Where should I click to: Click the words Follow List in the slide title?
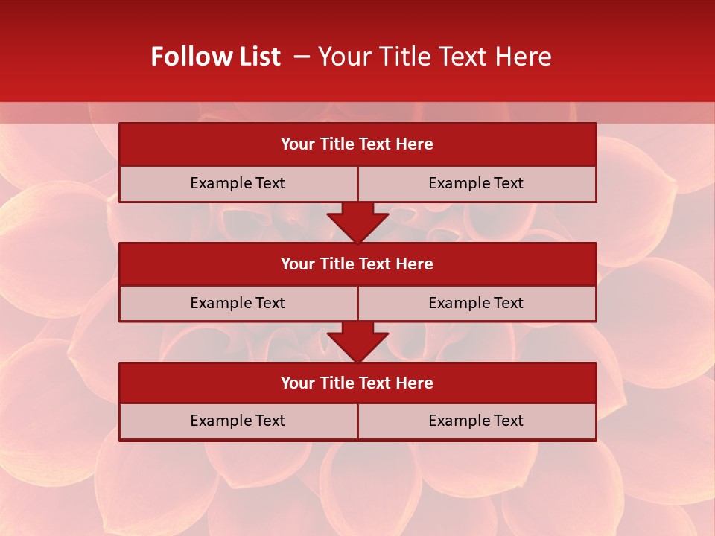coord(216,57)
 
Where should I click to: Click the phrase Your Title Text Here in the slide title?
coord(434,57)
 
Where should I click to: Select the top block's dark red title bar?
coord(357,144)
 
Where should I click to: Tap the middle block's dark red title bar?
coord(357,264)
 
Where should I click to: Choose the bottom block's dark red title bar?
coord(357,383)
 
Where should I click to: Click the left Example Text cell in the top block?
coord(238,183)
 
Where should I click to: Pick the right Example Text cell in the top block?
coord(476,183)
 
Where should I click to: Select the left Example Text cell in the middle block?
coord(238,303)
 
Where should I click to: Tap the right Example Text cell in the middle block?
coord(476,303)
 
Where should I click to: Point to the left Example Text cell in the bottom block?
coord(238,421)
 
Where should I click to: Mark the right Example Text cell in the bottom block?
coord(476,421)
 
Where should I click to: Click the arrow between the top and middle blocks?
coord(357,222)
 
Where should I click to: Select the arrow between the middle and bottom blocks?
coord(357,342)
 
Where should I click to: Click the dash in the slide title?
coord(302,57)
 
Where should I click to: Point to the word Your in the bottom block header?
coord(297,383)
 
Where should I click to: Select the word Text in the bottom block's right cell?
coord(509,421)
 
